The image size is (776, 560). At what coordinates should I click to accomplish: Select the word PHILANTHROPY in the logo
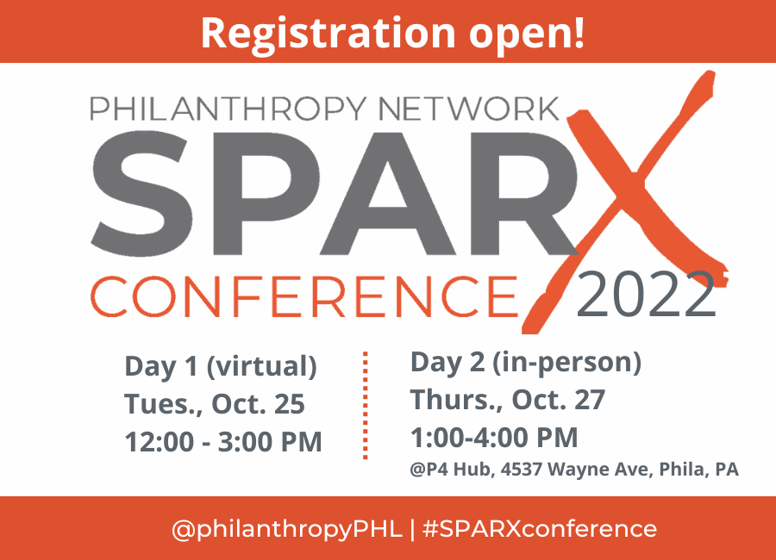coord(218,109)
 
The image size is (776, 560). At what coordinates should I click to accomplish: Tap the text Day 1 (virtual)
coord(221,366)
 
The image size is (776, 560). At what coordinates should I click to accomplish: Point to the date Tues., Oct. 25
coord(215,404)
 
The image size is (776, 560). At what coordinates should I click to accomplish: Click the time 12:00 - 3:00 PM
coord(223,442)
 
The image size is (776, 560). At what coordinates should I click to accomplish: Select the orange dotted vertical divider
coord(366,405)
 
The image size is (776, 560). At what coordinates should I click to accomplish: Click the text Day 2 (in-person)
coord(526,363)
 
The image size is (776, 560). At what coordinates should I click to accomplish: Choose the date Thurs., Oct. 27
coord(508,401)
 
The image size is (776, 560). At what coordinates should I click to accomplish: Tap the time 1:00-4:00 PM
coord(494,438)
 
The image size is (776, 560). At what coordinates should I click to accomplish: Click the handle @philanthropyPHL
coord(287,528)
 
